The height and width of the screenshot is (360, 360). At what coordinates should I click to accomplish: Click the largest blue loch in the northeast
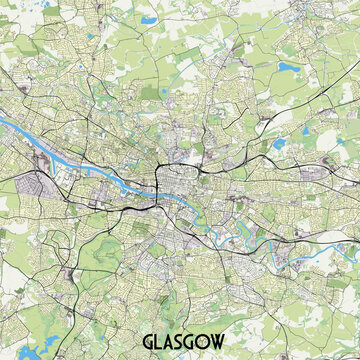click(289, 68)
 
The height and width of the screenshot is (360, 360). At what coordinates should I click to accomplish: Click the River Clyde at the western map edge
click(4, 122)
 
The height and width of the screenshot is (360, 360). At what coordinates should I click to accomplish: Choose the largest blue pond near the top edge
click(149, 19)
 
